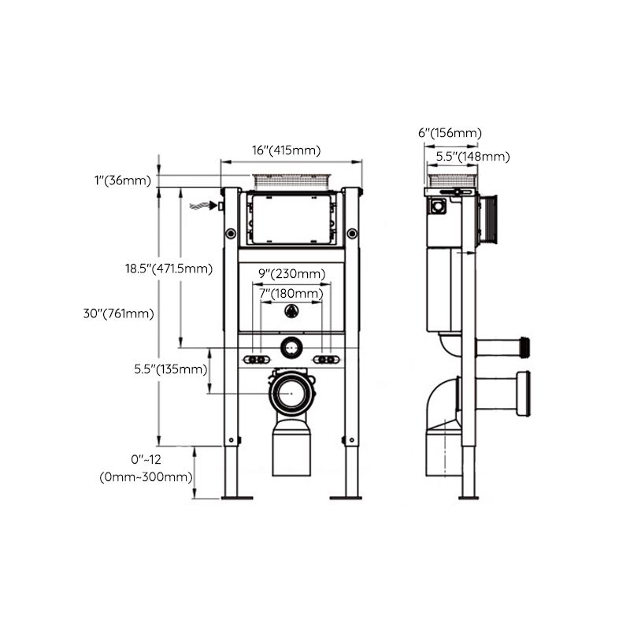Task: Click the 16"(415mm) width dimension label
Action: coord(286,150)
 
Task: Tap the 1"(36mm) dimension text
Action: coord(122,180)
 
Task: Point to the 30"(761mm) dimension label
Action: coord(118,313)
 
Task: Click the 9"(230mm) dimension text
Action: coord(292,274)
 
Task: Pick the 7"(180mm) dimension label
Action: coord(291,294)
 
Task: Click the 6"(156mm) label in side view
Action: coord(450,133)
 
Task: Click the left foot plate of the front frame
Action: coord(236,496)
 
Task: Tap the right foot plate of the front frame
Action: coord(345,496)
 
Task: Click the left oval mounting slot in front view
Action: coord(254,360)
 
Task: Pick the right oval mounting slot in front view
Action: coord(328,360)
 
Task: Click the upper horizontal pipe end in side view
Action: coord(525,346)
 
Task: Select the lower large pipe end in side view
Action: coord(524,391)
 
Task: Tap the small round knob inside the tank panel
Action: coord(291,311)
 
